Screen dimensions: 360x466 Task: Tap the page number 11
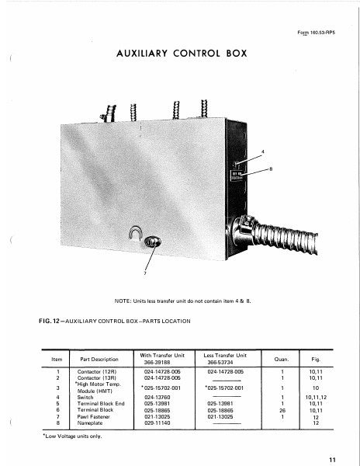pos(332,460)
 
